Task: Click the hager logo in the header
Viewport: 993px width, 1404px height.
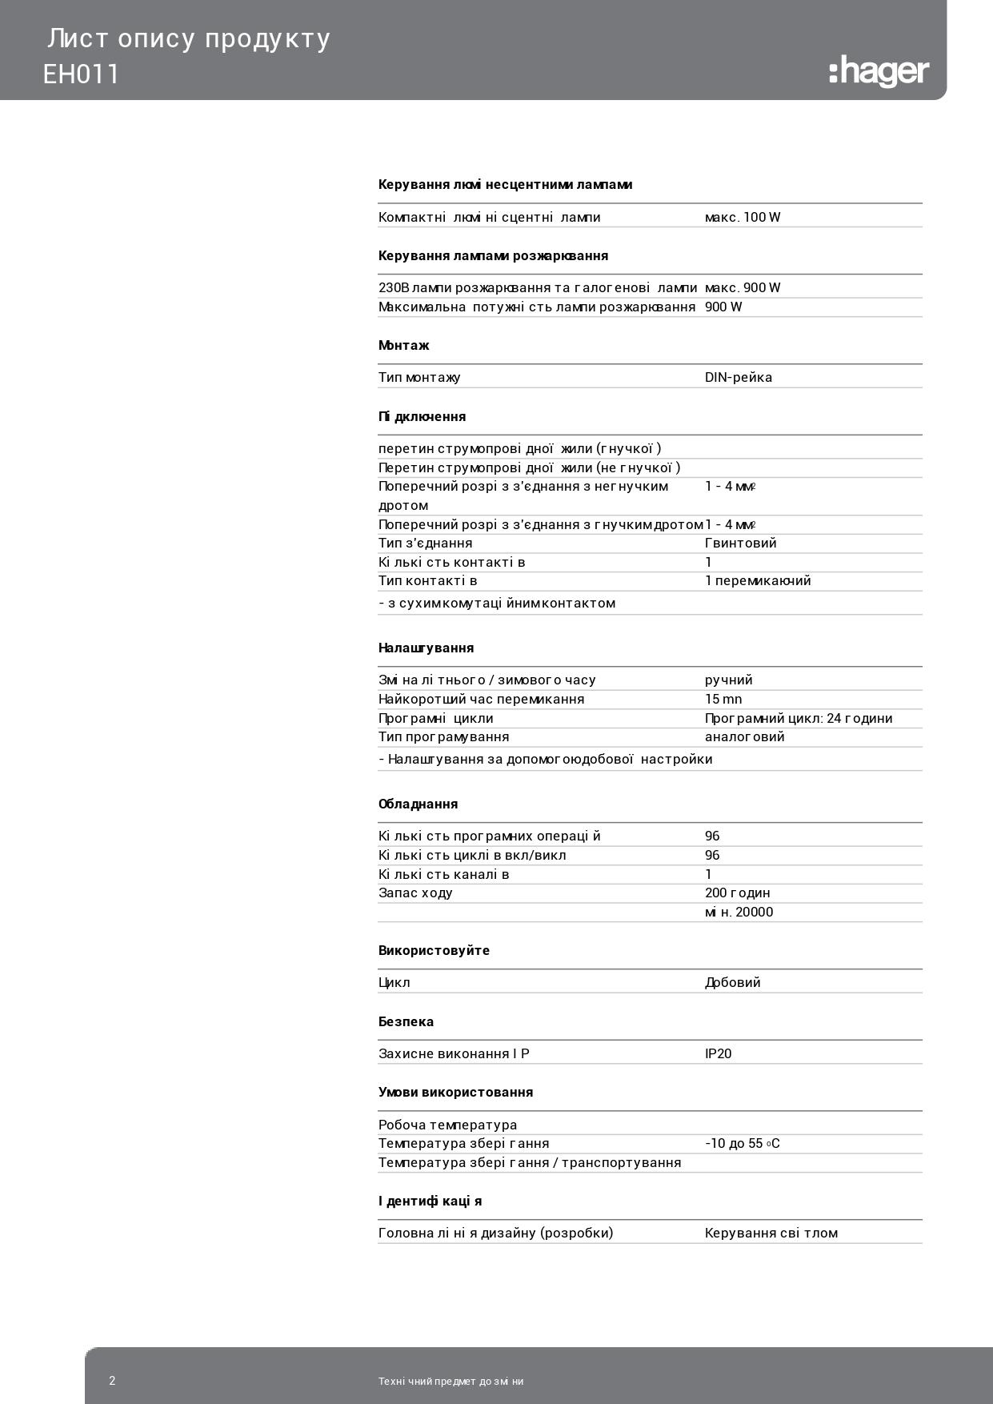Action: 879,71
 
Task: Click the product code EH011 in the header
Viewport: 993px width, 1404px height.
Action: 81,74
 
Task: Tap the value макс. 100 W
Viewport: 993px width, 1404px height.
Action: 742,217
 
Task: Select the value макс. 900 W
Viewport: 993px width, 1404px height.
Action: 742,287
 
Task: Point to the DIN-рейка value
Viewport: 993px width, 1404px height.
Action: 738,377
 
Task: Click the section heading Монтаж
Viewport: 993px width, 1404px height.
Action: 403,346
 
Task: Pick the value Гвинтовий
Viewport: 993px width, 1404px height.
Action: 740,543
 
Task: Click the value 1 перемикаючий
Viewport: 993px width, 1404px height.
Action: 757,580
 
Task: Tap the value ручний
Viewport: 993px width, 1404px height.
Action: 728,680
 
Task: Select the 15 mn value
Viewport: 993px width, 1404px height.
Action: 723,699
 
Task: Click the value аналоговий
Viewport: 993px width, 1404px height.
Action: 744,736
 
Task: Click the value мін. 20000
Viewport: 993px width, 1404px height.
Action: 739,912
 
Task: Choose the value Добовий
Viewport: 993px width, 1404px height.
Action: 732,982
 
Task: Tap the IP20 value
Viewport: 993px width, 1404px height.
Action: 718,1053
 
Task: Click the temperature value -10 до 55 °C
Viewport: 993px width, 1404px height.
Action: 742,1143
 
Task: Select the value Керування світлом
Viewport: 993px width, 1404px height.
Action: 771,1233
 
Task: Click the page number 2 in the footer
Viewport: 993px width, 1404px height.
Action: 112,1381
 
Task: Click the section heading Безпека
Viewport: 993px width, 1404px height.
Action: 406,1021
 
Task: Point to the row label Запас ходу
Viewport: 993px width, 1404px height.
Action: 415,893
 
